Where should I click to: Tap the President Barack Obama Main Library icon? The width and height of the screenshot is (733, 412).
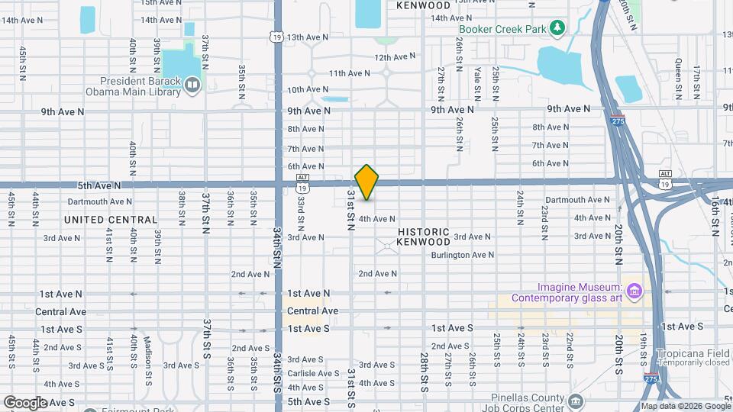click(x=192, y=84)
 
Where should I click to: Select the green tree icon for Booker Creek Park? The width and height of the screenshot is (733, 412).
click(x=559, y=29)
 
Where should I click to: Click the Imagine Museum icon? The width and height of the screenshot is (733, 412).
click(x=633, y=290)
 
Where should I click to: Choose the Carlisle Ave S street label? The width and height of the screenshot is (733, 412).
click(x=313, y=373)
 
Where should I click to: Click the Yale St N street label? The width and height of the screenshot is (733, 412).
click(x=477, y=83)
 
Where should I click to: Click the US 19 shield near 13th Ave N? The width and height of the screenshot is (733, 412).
click(x=275, y=36)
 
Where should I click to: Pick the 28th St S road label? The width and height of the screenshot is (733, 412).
click(x=425, y=372)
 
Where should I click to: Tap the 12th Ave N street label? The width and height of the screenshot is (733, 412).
click(x=395, y=56)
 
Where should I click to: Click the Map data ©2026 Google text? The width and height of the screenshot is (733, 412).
click(x=686, y=406)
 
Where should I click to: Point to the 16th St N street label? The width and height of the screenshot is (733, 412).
click(x=716, y=215)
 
